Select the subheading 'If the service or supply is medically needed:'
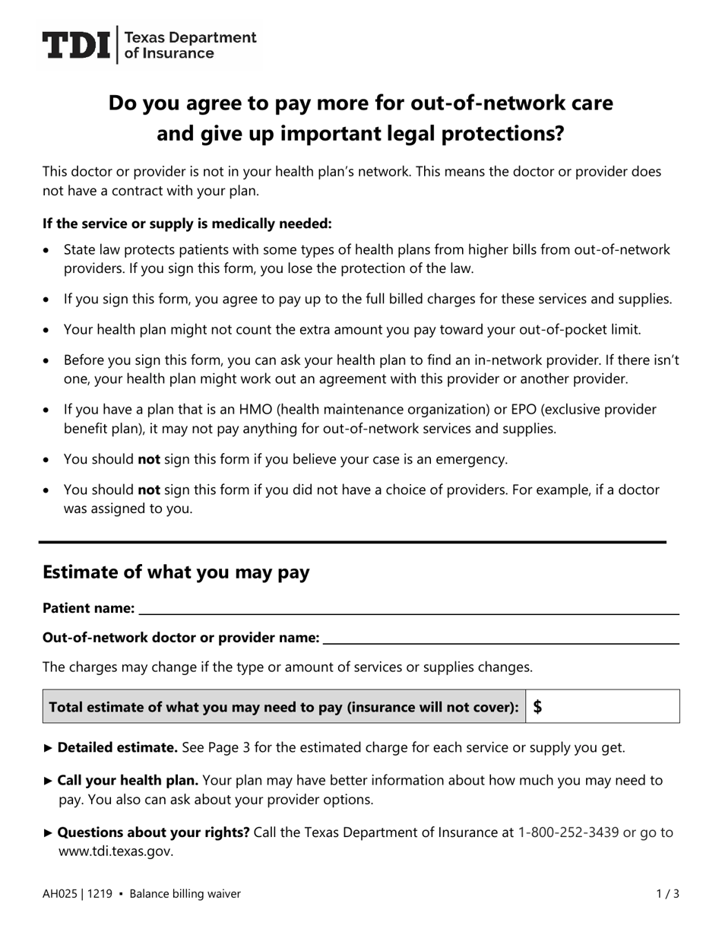(187, 223)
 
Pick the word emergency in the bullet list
(474, 459)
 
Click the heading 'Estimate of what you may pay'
(176, 572)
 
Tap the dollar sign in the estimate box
(538, 707)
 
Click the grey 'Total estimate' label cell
(284, 707)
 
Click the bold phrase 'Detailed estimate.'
(118, 747)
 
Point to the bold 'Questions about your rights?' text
(154, 832)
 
